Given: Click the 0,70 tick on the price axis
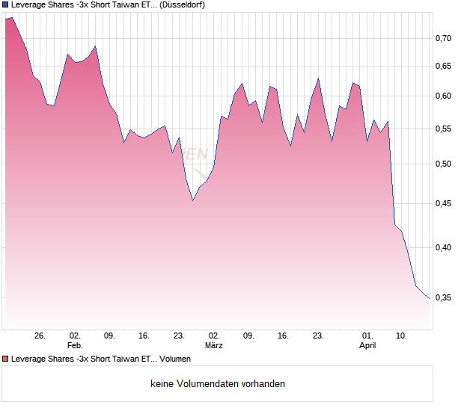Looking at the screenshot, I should (x=444, y=38).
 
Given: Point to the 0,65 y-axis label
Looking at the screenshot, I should (x=444, y=67).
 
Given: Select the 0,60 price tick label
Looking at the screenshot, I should (x=444, y=96).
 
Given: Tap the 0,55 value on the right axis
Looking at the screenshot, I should (x=444, y=129).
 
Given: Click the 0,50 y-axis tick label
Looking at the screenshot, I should (x=444, y=164).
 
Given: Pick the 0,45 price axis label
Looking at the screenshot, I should (x=444, y=203).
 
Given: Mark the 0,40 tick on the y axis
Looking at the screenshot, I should (x=444, y=247).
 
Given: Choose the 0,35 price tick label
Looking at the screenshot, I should (x=444, y=297).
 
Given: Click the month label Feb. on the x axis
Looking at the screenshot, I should (x=74, y=346).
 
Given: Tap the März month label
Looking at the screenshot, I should (x=213, y=346).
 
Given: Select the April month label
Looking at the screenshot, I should (x=367, y=346).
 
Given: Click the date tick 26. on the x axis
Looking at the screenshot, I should (x=40, y=336).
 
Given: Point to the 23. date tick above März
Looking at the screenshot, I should (x=179, y=336).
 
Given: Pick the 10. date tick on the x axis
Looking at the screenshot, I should (x=402, y=336).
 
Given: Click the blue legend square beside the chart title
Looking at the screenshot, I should (x=5, y=4).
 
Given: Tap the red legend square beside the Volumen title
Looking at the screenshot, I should (x=5, y=359).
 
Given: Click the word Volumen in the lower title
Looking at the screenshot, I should (x=175, y=359).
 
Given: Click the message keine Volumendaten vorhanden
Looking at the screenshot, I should (x=218, y=384).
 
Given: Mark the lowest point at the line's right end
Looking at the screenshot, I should (x=430, y=298).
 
